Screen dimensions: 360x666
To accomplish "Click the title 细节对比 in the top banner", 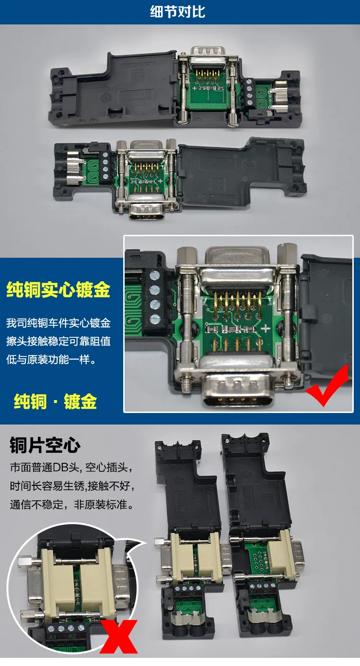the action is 178,12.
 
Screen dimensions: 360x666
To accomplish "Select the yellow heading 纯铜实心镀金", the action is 58,289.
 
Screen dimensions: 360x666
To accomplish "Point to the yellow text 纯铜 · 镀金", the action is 55,402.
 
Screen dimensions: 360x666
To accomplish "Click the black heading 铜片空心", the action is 45,445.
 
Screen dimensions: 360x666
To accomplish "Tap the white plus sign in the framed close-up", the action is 265,329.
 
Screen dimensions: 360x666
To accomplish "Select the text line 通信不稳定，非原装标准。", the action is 72,504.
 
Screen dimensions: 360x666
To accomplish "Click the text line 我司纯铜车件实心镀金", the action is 58,323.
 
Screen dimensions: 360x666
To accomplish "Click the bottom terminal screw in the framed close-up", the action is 155,320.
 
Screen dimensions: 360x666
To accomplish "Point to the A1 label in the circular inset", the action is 52,637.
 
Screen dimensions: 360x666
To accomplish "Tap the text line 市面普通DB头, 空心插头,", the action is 71,467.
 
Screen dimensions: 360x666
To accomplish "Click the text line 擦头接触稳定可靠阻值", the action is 58,341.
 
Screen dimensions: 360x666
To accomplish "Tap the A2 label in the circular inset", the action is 72,637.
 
